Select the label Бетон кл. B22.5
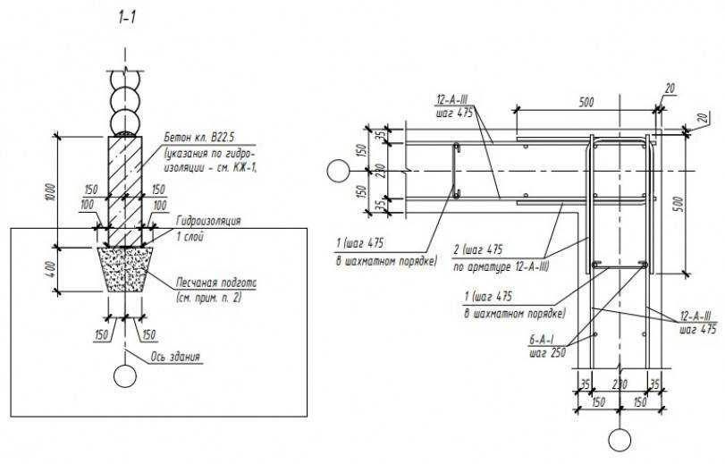tap(203, 139)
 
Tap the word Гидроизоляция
tap(209, 220)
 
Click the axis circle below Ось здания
tap(126, 376)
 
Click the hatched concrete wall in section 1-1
tap(125, 188)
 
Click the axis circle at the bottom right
tap(619, 439)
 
